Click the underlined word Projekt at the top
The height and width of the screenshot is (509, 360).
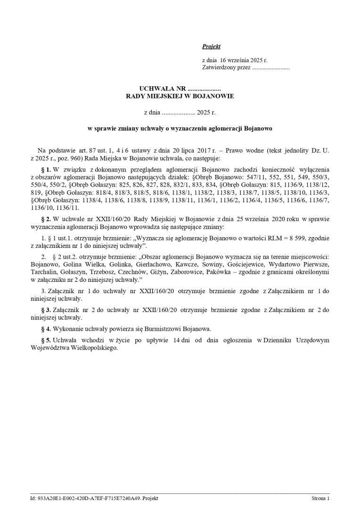211,46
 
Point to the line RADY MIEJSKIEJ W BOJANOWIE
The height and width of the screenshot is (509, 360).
180,96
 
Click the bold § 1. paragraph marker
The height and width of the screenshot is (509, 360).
46,169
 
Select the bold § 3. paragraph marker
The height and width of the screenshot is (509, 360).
46,310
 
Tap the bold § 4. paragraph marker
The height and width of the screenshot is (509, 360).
46,328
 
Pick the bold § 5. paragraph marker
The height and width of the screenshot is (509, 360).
46,340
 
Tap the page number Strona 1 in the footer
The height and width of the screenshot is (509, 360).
320,498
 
